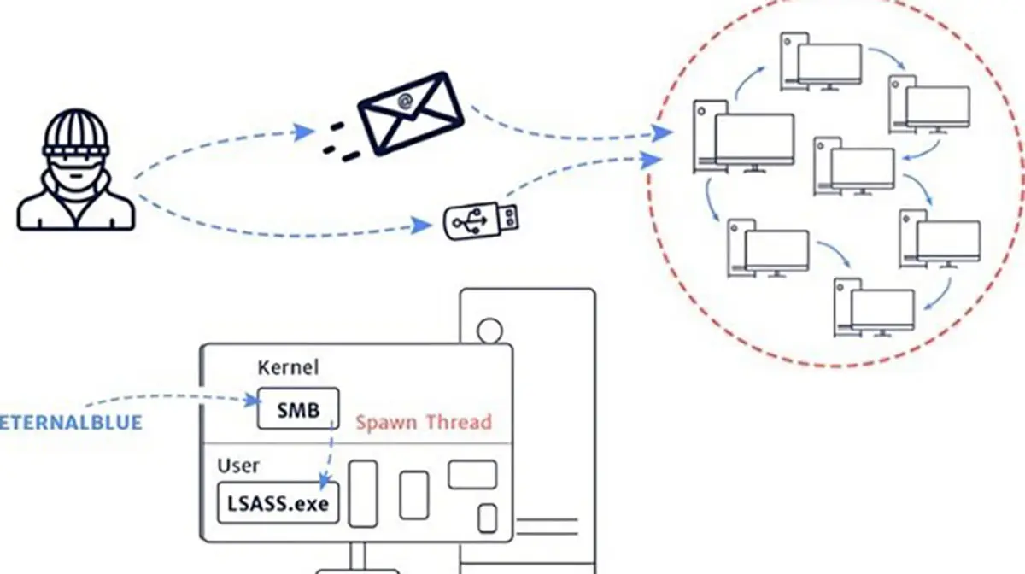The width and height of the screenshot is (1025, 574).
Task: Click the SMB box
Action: [x=298, y=409]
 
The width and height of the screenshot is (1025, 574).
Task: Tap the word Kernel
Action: [x=288, y=368]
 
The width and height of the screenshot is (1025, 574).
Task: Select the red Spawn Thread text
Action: [x=424, y=422]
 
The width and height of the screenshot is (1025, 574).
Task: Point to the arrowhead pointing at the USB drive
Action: [x=420, y=225]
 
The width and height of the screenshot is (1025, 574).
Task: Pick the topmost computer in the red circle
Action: [x=820, y=61]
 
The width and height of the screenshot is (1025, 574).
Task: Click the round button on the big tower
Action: [x=490, y=328]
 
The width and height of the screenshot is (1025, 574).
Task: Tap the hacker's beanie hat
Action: [x=77, y=128]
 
